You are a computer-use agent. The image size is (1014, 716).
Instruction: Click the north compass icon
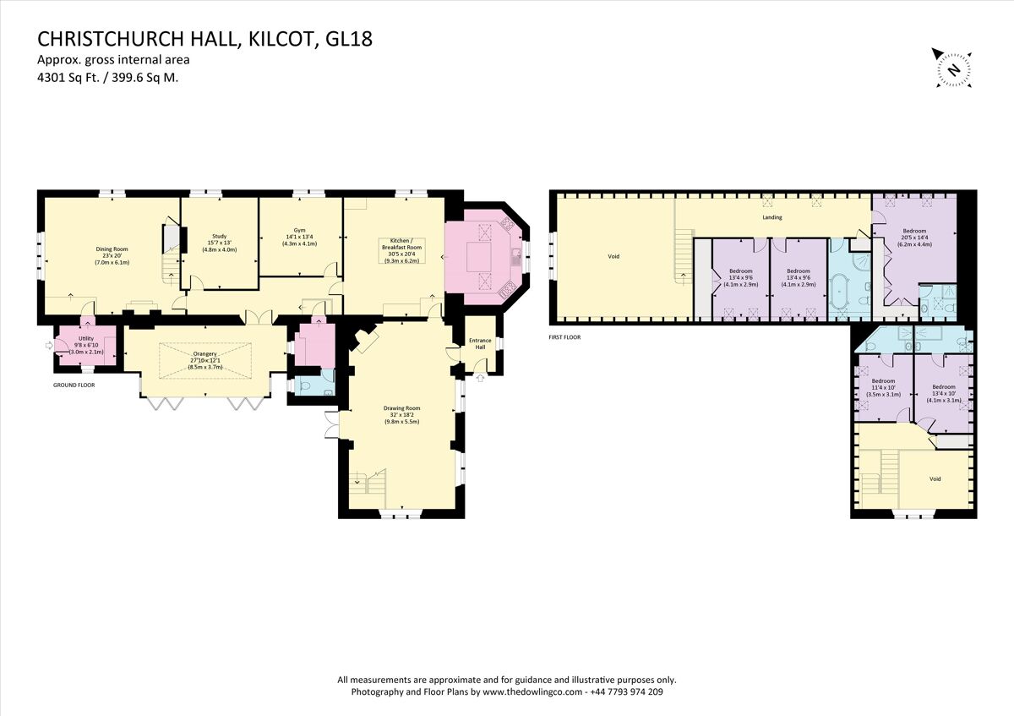[952, 68]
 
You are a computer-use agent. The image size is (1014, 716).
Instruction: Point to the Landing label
[771, 217]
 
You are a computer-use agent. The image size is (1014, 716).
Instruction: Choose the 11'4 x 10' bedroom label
[883, 387]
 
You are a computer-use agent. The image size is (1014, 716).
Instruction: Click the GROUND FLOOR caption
[74, 385]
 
